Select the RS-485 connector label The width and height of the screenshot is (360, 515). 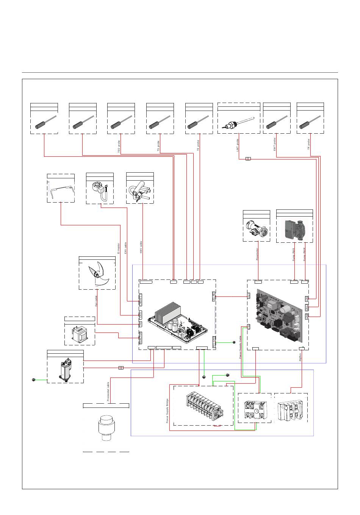click(214, 297)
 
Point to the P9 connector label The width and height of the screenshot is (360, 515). click(140, 324)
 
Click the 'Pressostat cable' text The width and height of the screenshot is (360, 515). click(108, 391)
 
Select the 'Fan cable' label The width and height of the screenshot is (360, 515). click(96, 301)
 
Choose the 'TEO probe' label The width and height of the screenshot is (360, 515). click(119, 147)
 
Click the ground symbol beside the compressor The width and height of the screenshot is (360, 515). click(34, 379)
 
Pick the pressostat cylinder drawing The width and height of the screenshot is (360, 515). click(106, 428)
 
